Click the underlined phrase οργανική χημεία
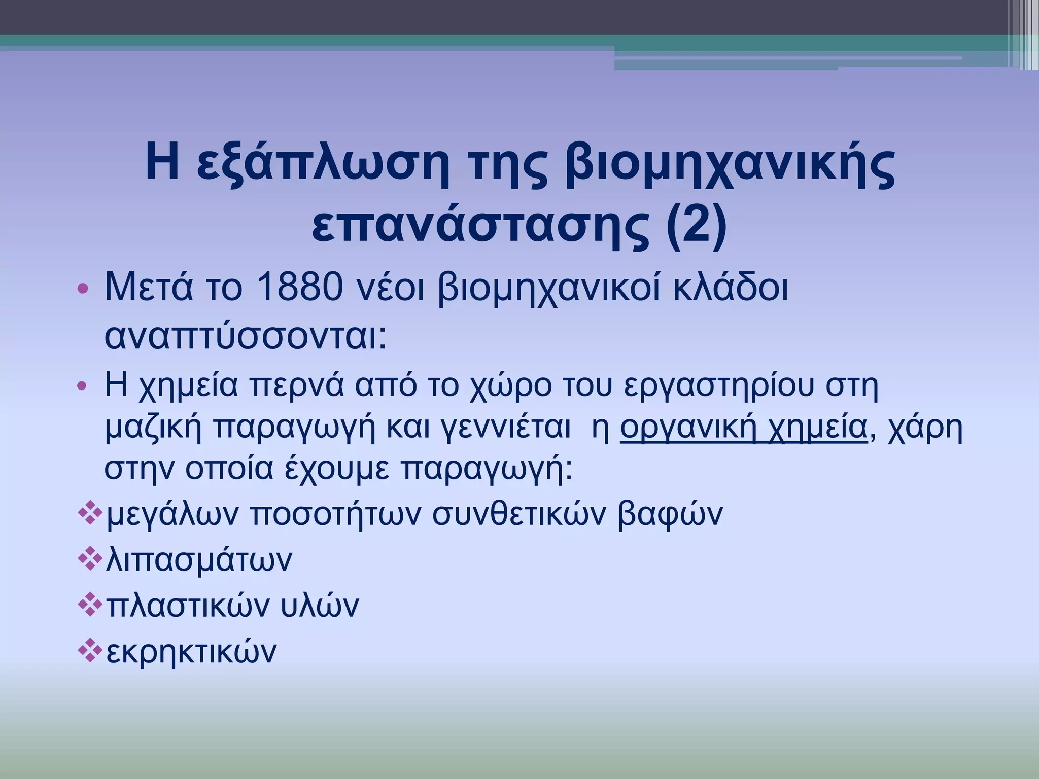[743, 427]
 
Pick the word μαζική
[153, 427]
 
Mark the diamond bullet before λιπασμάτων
[90, 559]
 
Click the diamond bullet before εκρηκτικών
[90, 651]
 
